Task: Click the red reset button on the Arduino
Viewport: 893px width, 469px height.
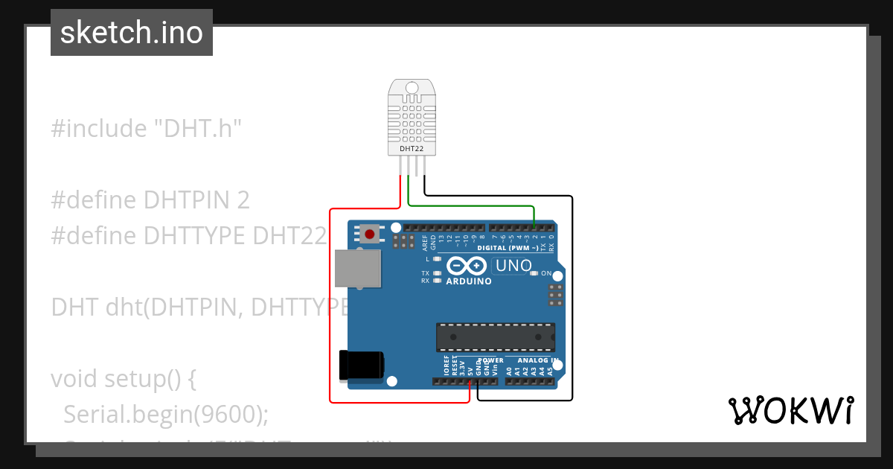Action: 369,234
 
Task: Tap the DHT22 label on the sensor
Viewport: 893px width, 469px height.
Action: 412,149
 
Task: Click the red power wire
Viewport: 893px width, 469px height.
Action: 330,313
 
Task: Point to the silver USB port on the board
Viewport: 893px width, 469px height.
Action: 356,268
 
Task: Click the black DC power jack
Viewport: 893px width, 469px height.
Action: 360,364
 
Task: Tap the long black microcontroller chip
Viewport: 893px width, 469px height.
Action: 495,336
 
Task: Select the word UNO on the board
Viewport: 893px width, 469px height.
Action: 513,266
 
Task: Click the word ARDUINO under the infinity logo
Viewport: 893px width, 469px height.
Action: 468,282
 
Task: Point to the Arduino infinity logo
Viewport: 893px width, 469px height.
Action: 467,266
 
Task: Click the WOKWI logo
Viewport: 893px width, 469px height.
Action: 790,411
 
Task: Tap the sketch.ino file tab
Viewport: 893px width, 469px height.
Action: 132,33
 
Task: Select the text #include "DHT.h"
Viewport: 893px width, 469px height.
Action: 147,129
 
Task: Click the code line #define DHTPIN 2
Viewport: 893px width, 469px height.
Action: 150,200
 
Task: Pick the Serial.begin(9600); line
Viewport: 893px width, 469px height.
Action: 165,414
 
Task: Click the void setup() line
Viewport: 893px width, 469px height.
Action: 123,378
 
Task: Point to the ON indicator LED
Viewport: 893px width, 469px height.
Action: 534,274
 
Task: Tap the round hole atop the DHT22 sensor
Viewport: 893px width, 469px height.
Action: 412,89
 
